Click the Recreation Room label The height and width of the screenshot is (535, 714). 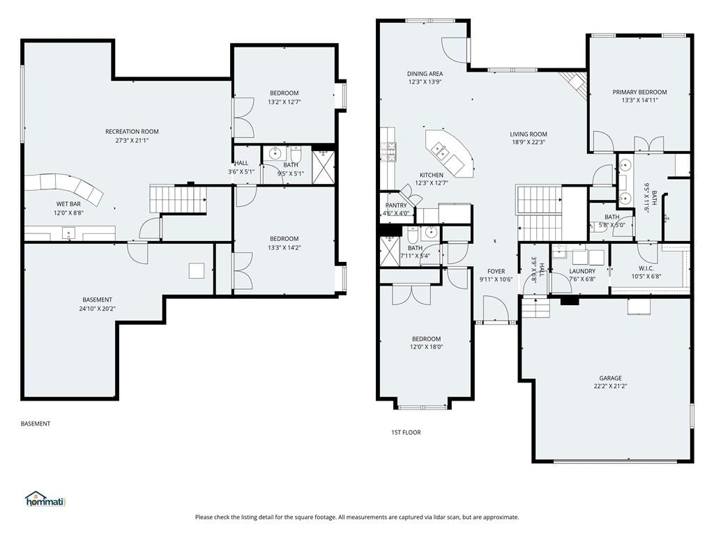point(132,132)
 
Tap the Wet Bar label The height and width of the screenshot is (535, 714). point(68,204)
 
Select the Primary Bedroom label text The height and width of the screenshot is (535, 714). point(639,92)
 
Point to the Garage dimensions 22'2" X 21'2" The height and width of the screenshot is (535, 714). point(610,387)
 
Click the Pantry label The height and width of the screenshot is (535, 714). point(396,206)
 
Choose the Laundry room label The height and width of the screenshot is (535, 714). point(582,271)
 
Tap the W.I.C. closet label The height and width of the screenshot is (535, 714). point(646,268)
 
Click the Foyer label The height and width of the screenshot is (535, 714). point(496,272)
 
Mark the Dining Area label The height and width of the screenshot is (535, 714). point(425,74)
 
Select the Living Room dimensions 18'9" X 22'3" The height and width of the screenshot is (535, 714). point(529,142)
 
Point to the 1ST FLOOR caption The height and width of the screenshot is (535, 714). point(406,432)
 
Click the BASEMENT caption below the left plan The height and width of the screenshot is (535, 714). point(36,424)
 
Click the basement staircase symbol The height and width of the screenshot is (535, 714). point(178,199)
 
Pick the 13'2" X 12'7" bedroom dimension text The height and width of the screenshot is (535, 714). point(284,102)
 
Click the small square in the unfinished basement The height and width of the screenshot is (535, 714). point(197,271)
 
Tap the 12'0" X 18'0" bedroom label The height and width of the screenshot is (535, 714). point(426,347)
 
